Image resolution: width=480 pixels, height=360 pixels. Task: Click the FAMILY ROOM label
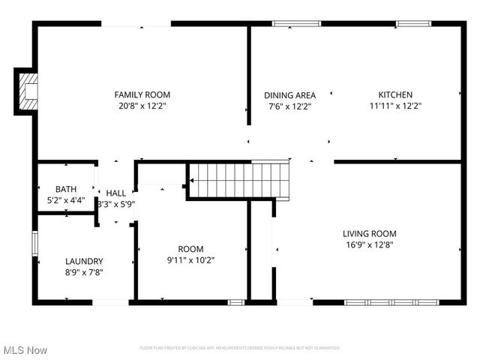point(142,94)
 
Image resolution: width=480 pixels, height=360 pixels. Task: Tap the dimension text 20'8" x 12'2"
point(142,106)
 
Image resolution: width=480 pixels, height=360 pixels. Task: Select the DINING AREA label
point(289,95)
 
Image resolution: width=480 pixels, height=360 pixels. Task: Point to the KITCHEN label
point(394,94)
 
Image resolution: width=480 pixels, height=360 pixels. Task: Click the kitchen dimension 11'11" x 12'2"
point(394,106)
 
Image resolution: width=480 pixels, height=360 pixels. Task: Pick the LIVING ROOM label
point(370,233)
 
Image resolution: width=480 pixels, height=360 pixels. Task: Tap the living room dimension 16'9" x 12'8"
point(370,244)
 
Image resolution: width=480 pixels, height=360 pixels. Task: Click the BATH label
point(66,188)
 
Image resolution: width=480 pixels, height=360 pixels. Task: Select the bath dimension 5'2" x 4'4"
point(66,200)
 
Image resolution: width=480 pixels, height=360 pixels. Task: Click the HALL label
point(116,193)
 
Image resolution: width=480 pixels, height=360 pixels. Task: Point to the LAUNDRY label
point(84,261)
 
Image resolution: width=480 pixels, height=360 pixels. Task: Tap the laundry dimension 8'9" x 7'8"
point(84,272)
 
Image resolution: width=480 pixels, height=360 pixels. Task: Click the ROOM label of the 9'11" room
point(190,249)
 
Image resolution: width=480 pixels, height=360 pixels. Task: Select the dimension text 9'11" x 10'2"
point(190,260)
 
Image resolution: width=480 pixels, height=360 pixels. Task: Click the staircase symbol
point(238,180)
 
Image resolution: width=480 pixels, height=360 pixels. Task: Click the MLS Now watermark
point(25,350)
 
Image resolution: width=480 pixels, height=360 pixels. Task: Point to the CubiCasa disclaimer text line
point(240,348)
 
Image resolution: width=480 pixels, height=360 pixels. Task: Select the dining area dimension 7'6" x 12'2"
point(289,106)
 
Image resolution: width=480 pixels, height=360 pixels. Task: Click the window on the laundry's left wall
point(34,244)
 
